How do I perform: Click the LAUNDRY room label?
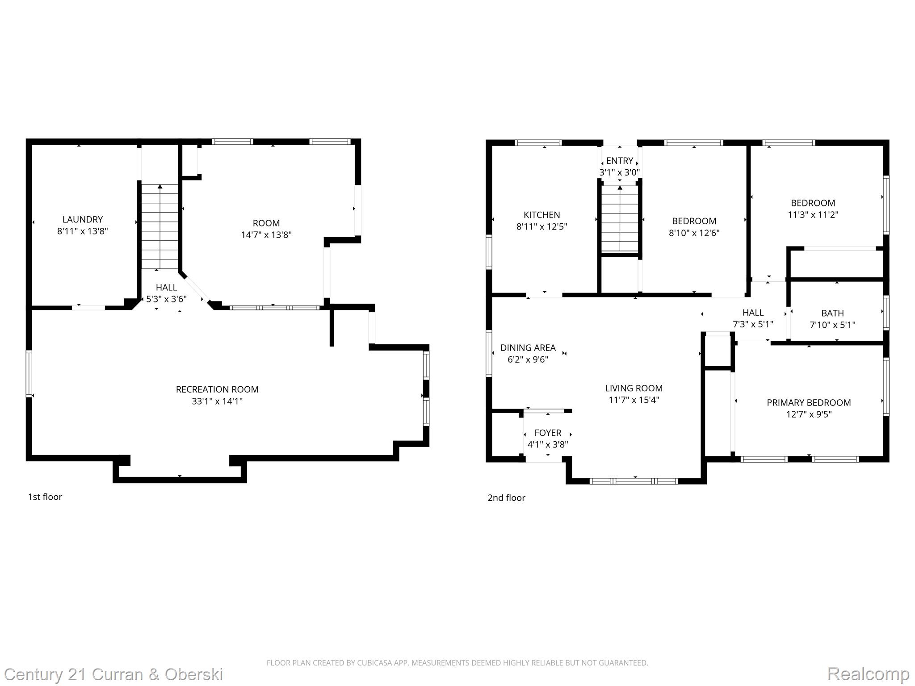tap(83, 219)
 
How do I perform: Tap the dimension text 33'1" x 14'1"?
tap(217, 401)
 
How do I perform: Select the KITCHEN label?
tap(541, 215)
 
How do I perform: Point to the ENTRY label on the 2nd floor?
tap(619, 161)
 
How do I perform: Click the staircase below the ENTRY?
tap(620, 219)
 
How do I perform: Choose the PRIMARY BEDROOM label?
tap(809, 402)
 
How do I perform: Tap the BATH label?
tap(832, 313)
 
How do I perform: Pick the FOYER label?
tap(548, 433)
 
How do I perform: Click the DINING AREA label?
tap(528, 347)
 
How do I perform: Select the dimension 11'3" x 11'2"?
tap(813, 214)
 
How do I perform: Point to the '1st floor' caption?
tap(45, 497)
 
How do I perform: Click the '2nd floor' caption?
tap(506, 498)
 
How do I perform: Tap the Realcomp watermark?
tap(868, 673)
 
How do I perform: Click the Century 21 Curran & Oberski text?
tap(113, 674)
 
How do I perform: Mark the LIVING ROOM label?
tap(634, 388)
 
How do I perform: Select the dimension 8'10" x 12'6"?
tap(694, 233)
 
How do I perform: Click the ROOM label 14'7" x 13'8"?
tap(266, 223)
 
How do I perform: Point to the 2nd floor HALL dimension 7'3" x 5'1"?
tap(753, 324)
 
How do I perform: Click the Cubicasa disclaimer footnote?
tap(457, 663)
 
